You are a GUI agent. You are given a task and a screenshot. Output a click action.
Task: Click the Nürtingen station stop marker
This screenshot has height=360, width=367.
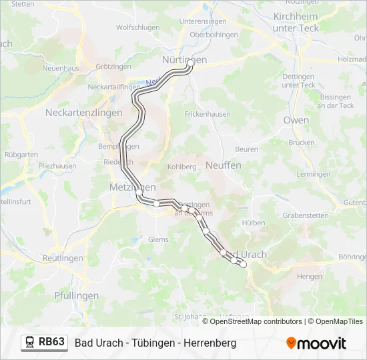tap(190, 63)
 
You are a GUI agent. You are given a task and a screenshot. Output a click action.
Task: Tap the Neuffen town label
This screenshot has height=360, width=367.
tap(223, 165)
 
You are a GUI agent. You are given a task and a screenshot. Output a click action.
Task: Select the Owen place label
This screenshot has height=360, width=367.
tap(296, 120)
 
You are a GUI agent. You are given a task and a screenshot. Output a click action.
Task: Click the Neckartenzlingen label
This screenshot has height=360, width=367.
tap(84, 113)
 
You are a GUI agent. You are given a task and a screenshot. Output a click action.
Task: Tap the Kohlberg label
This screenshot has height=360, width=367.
tap(182, 166)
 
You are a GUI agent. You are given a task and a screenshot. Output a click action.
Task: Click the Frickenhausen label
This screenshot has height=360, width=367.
tap(208, 114)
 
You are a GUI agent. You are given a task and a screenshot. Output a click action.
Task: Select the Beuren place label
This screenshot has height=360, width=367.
tap(246, 149)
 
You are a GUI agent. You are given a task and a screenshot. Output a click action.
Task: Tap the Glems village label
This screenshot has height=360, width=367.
tap(158, 239)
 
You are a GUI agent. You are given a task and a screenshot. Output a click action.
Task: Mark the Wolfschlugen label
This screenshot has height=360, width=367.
tap(137, 27)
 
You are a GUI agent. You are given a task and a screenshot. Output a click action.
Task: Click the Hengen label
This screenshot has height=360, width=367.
tap(309, 276)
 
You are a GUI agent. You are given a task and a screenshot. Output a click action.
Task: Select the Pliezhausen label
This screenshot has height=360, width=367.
tap(57, 165)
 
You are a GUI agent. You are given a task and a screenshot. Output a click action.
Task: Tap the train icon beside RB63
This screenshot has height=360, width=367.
tap(30, 343)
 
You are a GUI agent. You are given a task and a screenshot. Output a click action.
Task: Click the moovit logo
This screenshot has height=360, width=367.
tap(316, 343)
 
